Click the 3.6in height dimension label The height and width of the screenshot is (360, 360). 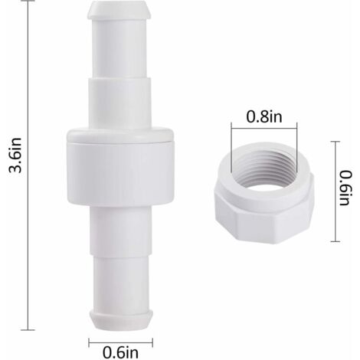pyautogui.click(x=15, y=155)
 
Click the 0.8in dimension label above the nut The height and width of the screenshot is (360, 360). pyautogui.click(x=264, y=116)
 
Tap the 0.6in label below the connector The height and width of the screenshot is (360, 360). pyautogui.click(x=120, y=352)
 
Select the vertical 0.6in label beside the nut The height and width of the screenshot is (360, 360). pyautogui.click(x=345, y=188)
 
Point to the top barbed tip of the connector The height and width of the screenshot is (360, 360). pyautogui.click(x=120, y=10)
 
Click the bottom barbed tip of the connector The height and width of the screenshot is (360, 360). pyautogui.click(x=120, y=320)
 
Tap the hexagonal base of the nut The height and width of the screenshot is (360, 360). pyautogui.click(x=264, y=217)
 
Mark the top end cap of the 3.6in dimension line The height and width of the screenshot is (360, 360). pyautogui.click(x=28, y=1)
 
